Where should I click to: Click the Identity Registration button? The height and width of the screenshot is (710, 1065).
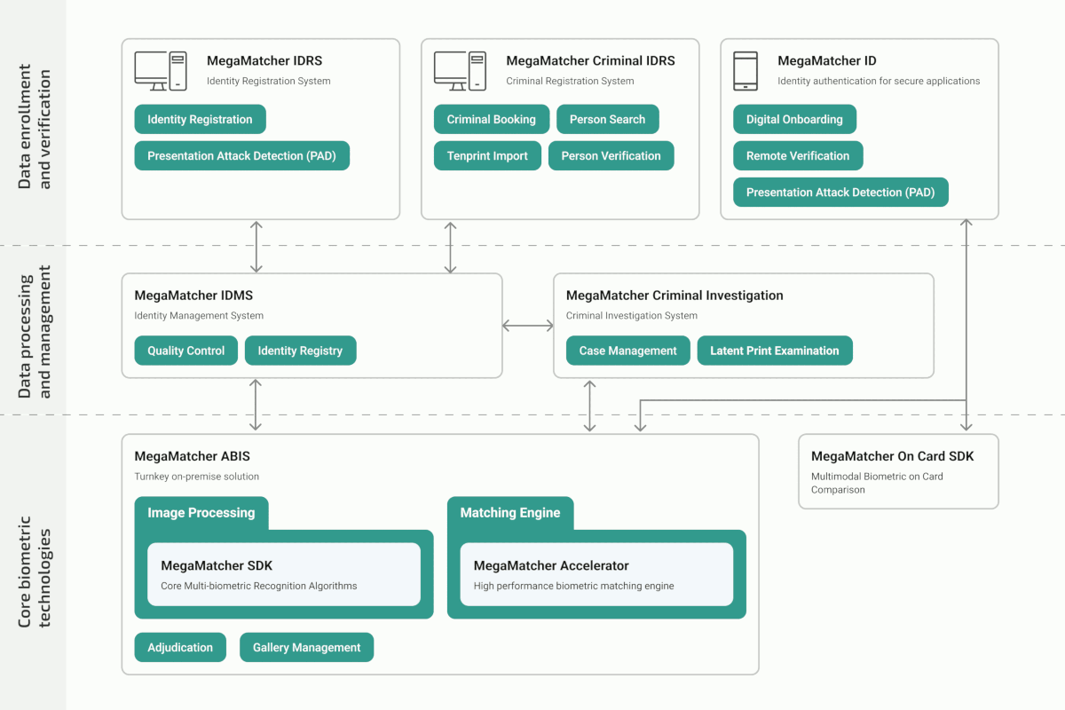[x=200, y=120]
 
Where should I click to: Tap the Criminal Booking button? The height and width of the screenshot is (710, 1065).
[x=491, y=120]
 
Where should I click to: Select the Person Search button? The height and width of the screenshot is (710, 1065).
[x=607, y=120]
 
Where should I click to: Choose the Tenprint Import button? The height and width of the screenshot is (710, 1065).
[x=487, y=156]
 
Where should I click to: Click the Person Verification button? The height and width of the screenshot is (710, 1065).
[x=611, y=156]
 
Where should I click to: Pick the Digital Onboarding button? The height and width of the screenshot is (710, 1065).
[x=794, y=120]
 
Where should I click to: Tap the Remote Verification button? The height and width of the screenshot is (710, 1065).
[x=797, y=156]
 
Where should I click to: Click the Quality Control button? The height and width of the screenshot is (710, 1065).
[x=185, y=351]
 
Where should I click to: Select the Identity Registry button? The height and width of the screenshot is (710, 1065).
[x=300, y=351]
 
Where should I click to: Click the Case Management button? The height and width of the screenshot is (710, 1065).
[x=627, y=351]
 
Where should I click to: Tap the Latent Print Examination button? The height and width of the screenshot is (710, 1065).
[x=774, y=351]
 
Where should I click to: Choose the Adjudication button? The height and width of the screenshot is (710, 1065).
[x=180, y=648]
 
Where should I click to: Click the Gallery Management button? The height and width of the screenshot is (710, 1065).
[x=306, y=648]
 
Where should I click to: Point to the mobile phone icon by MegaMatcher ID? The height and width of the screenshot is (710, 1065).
[x=745, y=71]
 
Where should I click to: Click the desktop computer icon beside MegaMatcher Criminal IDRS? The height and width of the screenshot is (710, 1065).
[x=460, y=71]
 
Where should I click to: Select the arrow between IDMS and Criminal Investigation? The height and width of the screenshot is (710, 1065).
[x=527, y=326]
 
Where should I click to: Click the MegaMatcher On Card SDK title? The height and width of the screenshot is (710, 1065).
[x=892, y=456]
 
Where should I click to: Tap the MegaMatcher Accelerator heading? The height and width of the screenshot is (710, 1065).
[x=551, y=565]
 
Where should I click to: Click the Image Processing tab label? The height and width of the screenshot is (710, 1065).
[x=201, y=513]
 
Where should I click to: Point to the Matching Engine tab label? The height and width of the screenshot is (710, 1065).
[x=509, y=513]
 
